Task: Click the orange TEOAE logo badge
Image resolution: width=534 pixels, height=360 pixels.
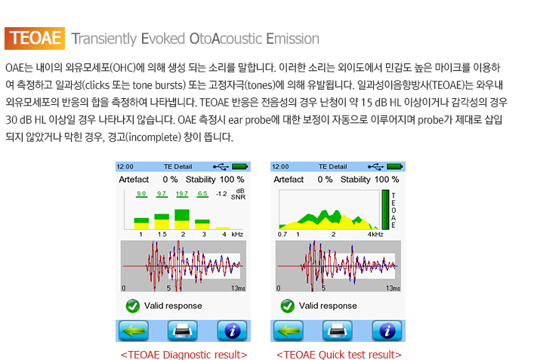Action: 35,38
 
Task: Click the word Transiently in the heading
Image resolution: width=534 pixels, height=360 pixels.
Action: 104,39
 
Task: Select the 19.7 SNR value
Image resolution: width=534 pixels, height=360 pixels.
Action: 182,194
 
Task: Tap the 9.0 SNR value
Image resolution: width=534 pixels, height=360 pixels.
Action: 141,194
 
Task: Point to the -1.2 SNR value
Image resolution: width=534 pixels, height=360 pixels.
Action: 221,194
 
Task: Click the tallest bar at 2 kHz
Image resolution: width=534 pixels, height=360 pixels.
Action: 182,219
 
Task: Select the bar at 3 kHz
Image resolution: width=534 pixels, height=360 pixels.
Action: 202,224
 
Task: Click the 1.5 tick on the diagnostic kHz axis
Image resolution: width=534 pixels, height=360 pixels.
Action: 162,234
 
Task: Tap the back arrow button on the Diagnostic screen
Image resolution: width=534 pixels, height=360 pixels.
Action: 134,331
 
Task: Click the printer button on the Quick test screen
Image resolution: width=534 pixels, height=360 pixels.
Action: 337,331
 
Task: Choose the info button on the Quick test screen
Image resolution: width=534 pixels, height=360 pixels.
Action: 387,331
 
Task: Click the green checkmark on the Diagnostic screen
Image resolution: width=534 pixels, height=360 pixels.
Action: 132,306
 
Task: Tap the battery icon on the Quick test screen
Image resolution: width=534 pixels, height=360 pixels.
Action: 395,166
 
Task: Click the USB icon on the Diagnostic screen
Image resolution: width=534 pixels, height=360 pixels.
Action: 221,166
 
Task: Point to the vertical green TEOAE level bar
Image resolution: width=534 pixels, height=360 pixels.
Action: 385,209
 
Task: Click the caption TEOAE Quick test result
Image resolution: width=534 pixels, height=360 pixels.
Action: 339,355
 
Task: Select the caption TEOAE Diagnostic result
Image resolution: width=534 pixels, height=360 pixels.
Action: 184,355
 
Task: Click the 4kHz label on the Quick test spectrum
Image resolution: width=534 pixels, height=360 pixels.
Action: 375,234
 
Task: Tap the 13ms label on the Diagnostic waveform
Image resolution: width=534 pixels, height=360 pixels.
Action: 238,288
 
